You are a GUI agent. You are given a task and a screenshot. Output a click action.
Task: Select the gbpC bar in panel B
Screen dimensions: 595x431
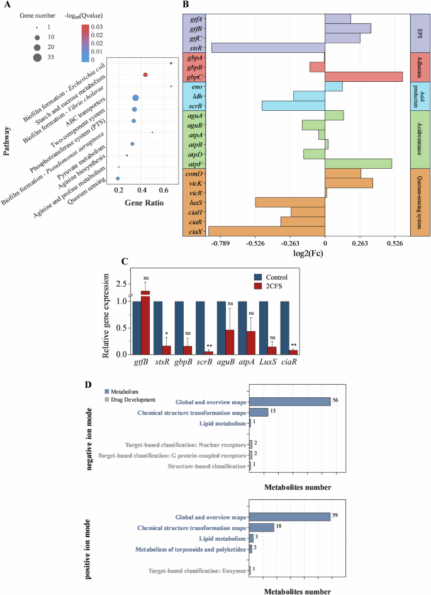tap(364, 76)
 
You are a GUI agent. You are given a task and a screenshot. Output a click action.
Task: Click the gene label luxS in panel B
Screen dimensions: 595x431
tap(195, 202)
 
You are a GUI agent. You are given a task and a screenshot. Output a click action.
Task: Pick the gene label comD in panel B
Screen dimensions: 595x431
tap(194, 173)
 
